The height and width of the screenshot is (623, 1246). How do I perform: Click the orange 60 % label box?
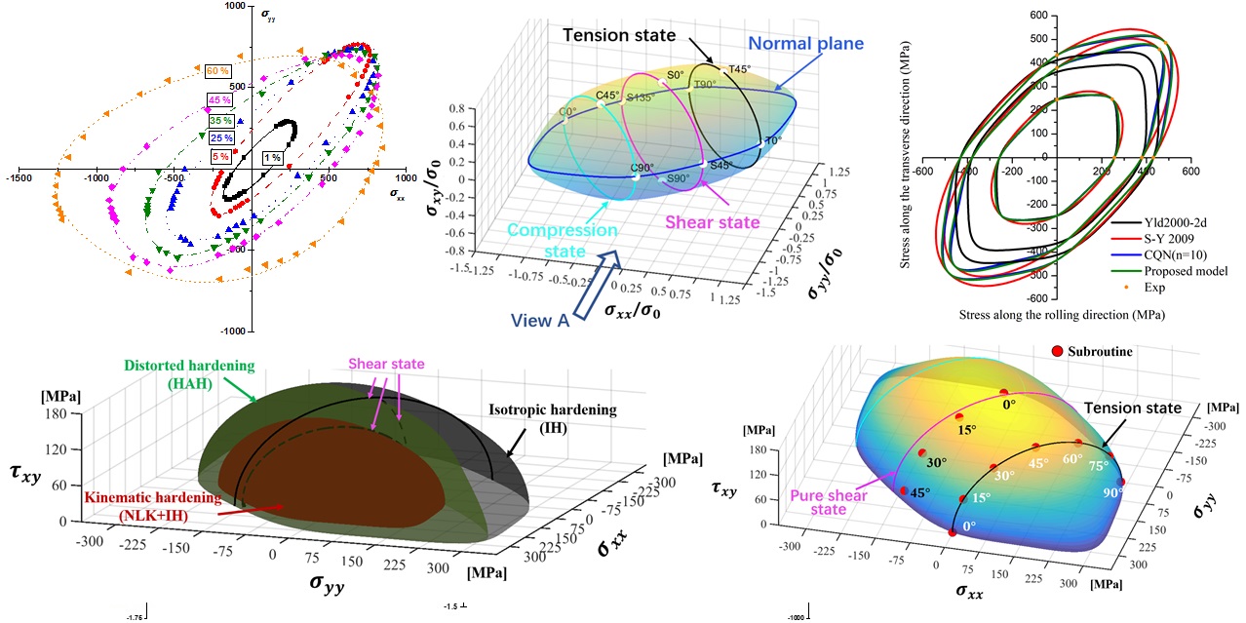coord(217,71)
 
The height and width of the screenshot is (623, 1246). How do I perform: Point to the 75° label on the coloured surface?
coord(1100,465)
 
